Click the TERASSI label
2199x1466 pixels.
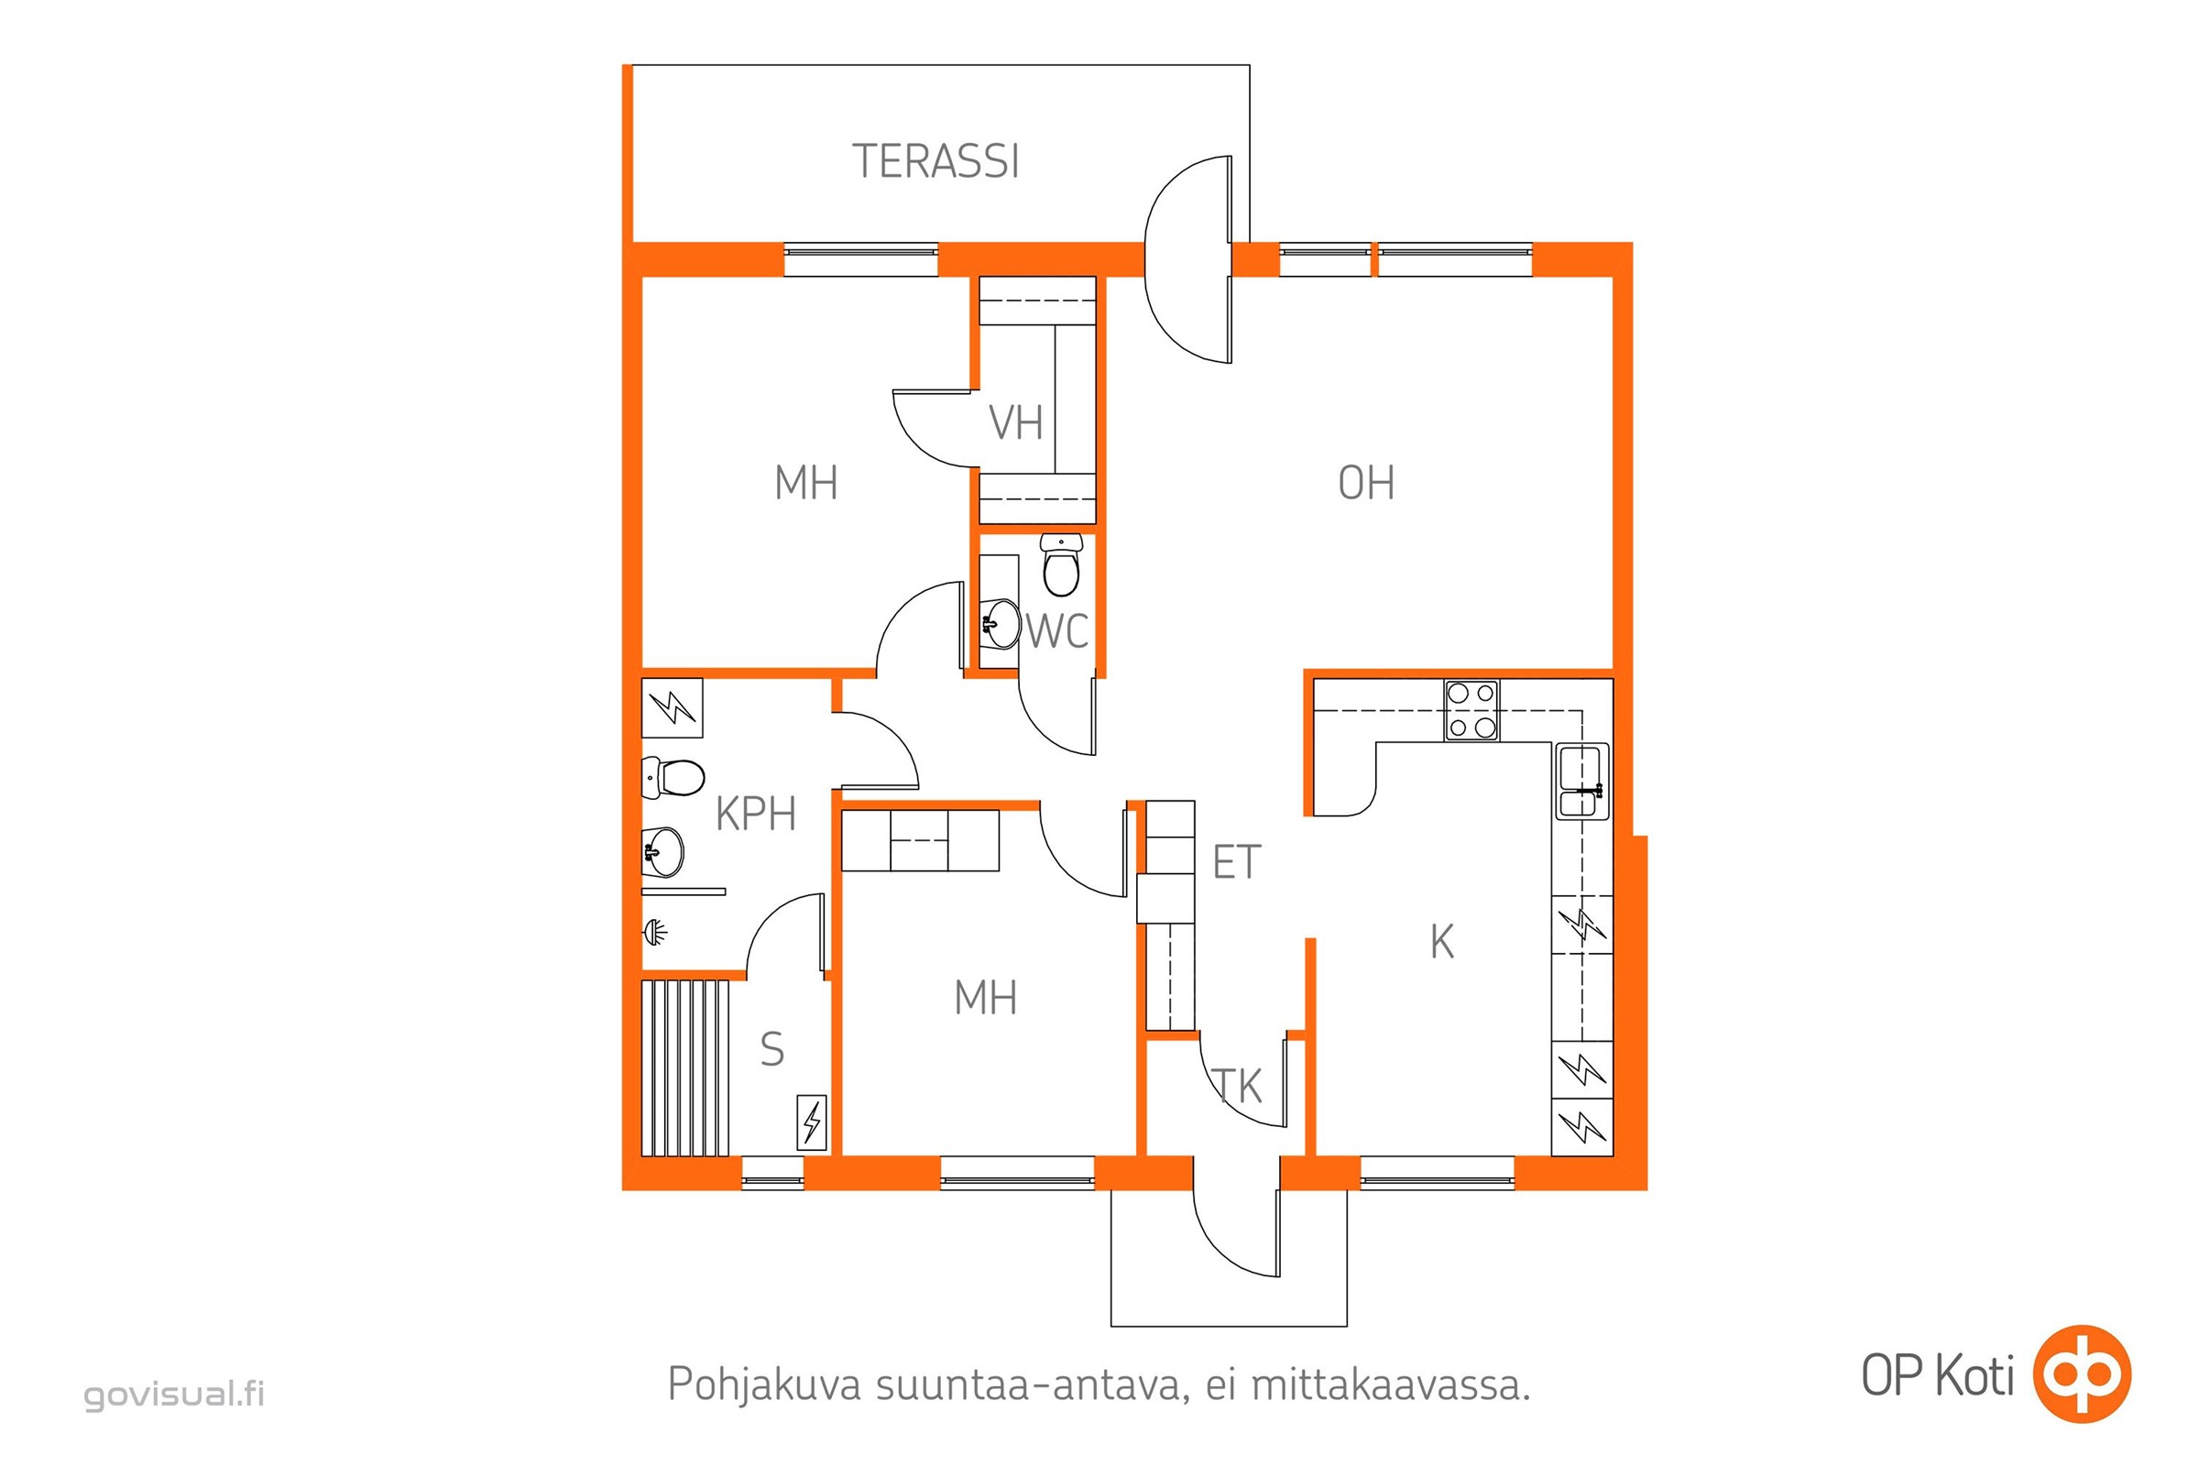point(935,162)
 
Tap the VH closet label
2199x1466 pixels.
point(1015,422)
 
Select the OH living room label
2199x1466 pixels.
point(1366,484)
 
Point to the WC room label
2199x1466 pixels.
point(1057,632)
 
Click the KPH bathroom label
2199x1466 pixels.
point(755,815)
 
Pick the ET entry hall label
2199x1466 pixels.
point(1237,862)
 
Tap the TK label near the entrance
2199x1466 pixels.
point(1238,1087)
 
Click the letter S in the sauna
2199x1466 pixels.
point(772,1049)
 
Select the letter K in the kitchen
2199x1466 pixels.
point(1441,942)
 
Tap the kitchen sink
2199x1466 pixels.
point(1582,781)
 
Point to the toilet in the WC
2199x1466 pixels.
point(1061,564)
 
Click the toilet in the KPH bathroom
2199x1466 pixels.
point(673,777)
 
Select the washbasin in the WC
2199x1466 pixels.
point(1001,624)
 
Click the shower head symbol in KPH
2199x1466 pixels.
point(654,931)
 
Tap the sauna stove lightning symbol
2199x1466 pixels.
point(812,1121)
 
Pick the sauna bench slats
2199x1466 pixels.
point(685,1067)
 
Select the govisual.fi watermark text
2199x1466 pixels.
point(175,1394)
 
